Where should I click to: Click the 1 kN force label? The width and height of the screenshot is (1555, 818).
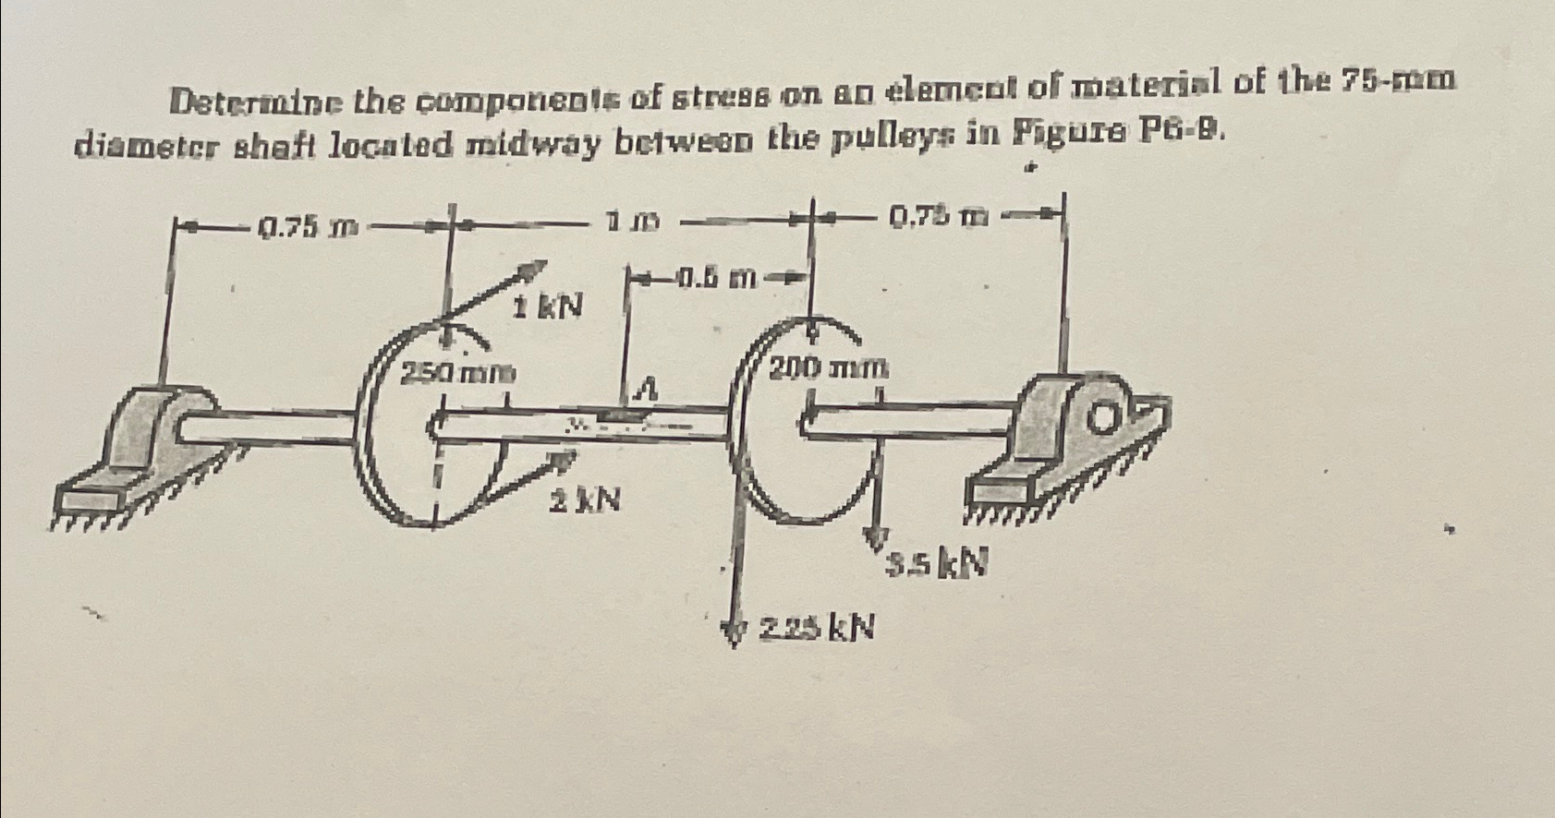pyautogui.click(x=549, y=306)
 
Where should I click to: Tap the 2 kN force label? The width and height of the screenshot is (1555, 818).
pyautogui.click(x=586, y=501)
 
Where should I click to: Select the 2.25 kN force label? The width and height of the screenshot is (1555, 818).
pyautogui.click(x=817, y=629)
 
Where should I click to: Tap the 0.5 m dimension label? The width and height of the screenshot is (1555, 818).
pyautogui.click(x=716, y=275)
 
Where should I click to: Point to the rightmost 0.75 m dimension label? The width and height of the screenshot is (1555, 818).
pyautogui.click(x=934, y=219)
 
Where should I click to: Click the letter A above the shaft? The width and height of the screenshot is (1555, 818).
pyautogui.click(x=649, y=391)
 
